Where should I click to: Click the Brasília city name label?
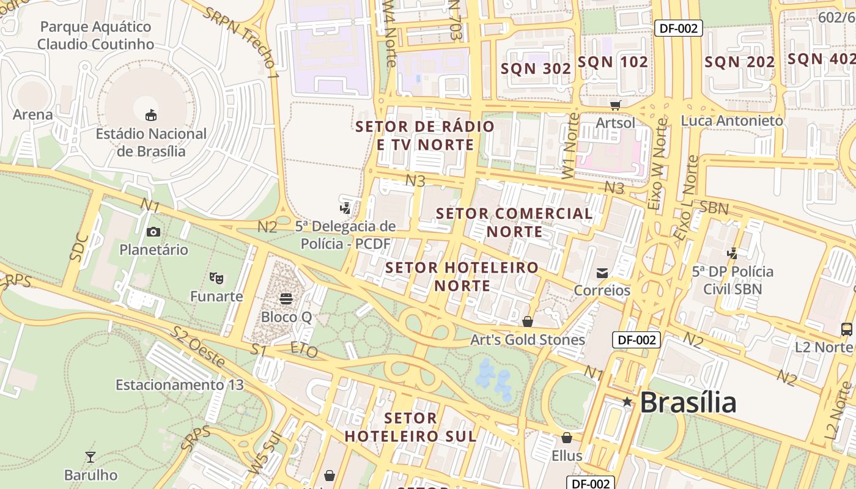click(x=688, y=402)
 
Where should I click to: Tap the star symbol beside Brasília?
click(x=627, y=402)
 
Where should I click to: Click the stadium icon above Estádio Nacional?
click(x=150, y=115)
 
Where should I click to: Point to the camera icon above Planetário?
click(x=153, y=232)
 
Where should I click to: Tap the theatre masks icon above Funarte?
click(x=216, y=278)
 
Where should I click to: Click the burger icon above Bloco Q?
click(x=286, y=299)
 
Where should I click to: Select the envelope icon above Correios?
click(x=602, y=273)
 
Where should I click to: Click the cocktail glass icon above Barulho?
click(x=90, y=457)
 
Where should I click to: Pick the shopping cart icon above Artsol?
click(x=615, y=105)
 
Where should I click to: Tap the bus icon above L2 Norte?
click(x=847, y=329)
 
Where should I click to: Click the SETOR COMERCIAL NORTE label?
click(x=514, y=222)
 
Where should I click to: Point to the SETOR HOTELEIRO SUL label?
click(x=410, y=427)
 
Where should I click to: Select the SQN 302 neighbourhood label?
click(x=536, y=68)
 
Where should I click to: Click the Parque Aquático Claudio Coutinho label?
click(x=95, y=35)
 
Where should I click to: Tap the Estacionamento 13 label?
click(x=179, y=385)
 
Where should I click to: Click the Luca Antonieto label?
click(x=731, y=120)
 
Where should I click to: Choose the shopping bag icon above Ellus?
click(x=567, y=438)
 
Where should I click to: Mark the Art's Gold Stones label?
click(x=527, y=340)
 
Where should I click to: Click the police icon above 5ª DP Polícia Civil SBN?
click(x=732, y=253)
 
